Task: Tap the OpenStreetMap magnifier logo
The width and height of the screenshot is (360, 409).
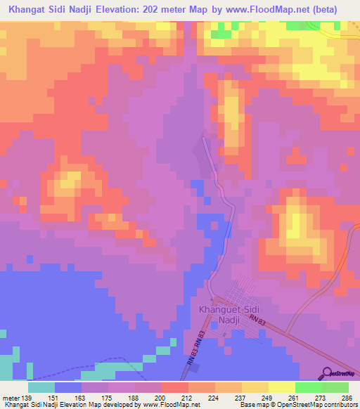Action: (x=327, y=373)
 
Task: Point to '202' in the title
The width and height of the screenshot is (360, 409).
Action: (x=176, y=10)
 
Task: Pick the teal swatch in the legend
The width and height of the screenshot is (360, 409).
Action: (x=41, y=387)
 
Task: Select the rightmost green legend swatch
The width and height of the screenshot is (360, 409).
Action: (x=335, y=387)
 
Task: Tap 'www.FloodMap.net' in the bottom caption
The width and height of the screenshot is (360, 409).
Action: (x=172, y=404)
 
